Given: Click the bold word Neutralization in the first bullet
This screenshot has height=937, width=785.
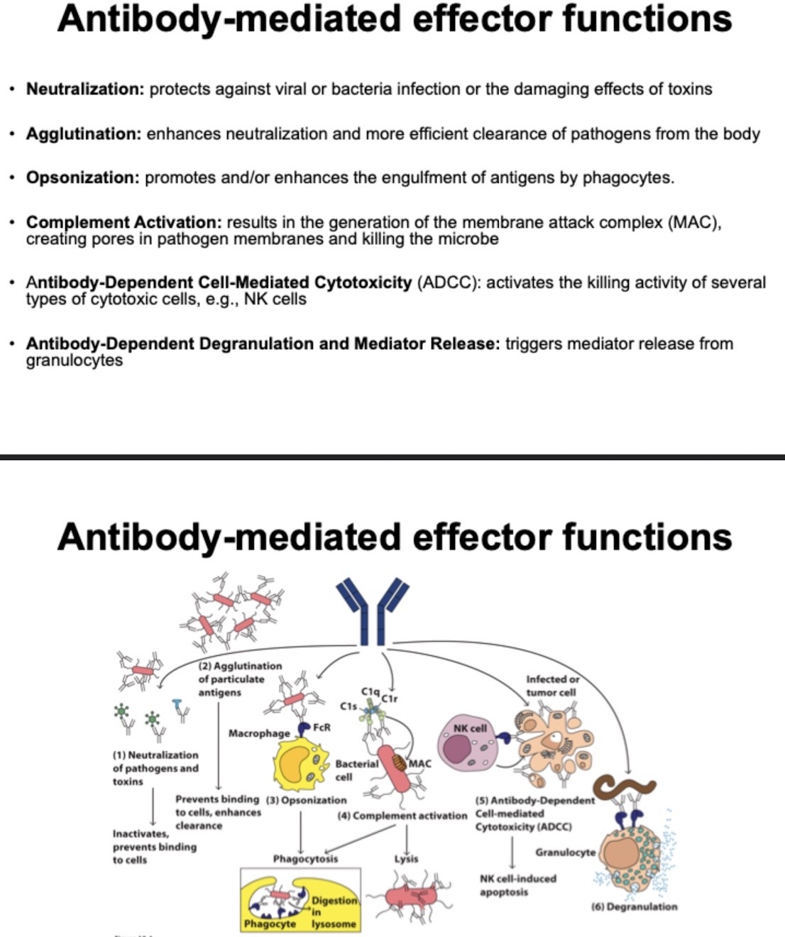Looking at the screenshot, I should point(85,89).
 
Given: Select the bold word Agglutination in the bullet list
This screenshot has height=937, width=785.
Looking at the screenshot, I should point(84,134).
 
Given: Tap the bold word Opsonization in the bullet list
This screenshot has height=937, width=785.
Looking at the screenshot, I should point(82,177).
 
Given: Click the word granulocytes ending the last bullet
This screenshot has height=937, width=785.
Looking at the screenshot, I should point(74,361).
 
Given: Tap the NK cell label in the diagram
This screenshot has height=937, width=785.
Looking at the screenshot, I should point(470,728).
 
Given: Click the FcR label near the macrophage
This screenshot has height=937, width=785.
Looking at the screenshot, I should point(322,727).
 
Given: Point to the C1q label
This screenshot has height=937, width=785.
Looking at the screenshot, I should point(370,691).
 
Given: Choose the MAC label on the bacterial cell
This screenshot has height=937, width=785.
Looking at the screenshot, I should point(419,764).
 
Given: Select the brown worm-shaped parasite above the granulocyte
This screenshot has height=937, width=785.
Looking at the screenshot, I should point(625,786).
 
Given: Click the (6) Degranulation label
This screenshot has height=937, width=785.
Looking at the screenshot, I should point(634,906).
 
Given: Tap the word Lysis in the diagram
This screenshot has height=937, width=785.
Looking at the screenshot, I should point(406,858).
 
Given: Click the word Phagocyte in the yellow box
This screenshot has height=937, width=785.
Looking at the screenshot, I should point(270,924).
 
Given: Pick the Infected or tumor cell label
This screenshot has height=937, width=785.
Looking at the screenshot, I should point(552,686).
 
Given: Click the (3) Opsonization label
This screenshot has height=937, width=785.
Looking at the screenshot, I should point(306,800).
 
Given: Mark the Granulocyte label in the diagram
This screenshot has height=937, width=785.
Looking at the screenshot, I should point(565,852).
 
